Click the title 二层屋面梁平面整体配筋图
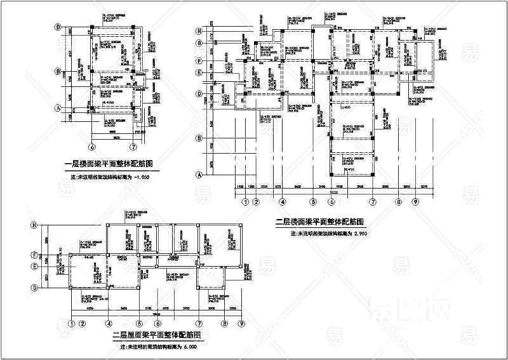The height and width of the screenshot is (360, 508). [157, 335]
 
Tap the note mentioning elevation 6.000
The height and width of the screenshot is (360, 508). [159, 347]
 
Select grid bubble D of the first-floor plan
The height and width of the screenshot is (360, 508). [58, 27]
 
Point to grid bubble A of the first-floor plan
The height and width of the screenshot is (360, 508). [58, 108]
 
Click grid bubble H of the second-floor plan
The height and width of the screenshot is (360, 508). [199, 30]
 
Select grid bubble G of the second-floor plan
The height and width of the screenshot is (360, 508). [199, 43]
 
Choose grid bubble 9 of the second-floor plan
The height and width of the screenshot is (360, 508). [416, 203]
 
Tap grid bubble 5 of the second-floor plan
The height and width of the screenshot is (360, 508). [313, 203]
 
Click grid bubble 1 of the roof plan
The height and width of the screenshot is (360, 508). [72, 323]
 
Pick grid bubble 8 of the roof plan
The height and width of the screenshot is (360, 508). [224, 323]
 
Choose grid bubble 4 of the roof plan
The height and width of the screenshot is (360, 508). [109, 323]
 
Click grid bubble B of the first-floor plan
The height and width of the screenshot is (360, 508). [58, 71]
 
